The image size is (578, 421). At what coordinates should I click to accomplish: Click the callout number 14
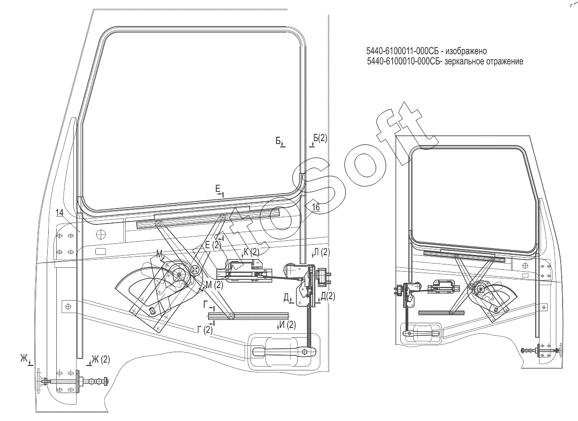59,213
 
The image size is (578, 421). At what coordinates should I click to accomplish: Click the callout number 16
315,207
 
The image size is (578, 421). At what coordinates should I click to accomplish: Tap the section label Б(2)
320,138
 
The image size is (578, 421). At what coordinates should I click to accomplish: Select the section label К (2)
251,251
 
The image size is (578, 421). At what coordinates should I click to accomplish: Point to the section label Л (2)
322,252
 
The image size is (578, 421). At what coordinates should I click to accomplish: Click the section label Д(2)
328,296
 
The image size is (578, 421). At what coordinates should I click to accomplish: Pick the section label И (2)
288,325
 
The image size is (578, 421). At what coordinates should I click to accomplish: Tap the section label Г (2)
205,330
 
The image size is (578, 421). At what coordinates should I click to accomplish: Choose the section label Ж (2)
101,359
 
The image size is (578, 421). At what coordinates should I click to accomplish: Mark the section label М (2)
214,285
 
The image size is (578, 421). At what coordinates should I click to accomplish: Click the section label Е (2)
213,245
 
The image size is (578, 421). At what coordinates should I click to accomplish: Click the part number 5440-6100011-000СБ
403,51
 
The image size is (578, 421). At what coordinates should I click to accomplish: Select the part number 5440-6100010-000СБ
403,61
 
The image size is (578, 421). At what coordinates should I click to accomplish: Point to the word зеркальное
465,62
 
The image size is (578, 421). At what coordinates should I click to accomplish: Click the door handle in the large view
284,352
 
